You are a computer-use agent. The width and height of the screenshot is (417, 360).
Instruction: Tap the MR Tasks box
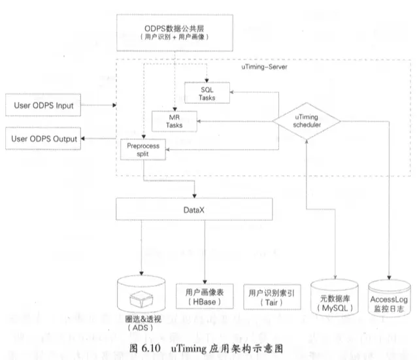[x=174, y=121]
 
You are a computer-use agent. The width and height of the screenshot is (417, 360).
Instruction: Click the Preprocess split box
[x=143, y=148]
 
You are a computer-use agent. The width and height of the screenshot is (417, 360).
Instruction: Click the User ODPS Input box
[x=43, y=105]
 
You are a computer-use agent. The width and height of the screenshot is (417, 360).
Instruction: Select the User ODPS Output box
[x=43, y=139]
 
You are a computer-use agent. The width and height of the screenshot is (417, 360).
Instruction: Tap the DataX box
[x=194, y=209]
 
